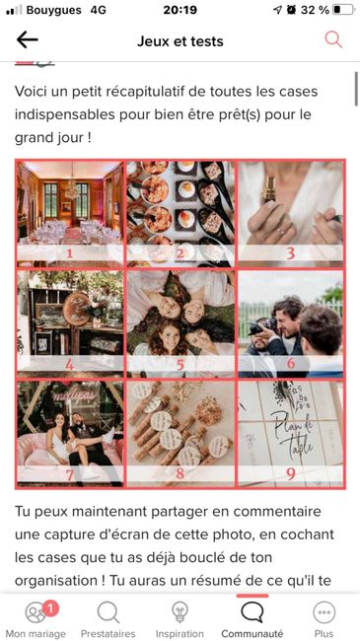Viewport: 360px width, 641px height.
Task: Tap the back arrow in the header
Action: pos(27,40)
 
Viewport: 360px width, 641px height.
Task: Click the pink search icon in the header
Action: pos(333,39)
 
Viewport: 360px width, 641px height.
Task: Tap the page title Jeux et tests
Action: pos(180,41)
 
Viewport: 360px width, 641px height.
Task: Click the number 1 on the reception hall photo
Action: pos(70,253)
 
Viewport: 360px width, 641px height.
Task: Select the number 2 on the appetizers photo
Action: pos(180,253)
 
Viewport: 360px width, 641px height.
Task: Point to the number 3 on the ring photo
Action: pos(290,253)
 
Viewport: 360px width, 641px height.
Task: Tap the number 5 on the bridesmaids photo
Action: pos(180,364)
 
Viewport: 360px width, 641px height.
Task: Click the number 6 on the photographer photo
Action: pos(290,364)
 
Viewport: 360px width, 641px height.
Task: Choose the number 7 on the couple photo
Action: pos(70,474)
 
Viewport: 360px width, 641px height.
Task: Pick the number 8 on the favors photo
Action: pos(180,473)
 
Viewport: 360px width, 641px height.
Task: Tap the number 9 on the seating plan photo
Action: pos(290,473)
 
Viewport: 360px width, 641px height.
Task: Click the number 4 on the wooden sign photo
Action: pos(70,364)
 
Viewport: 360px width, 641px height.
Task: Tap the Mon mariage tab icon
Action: pos(36,612)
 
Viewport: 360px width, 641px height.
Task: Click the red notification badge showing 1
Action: pos(50,609)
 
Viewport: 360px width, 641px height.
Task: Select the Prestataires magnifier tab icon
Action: pos(108,612)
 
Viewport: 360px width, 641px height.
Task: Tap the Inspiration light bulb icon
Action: pos(180,612)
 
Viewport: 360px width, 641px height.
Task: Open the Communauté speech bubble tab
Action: pos(252,612)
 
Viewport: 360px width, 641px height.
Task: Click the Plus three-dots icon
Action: pos(324,612)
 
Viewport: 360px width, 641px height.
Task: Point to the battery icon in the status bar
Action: pos(343,10)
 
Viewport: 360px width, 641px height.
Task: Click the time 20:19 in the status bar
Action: pos(180,10)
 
